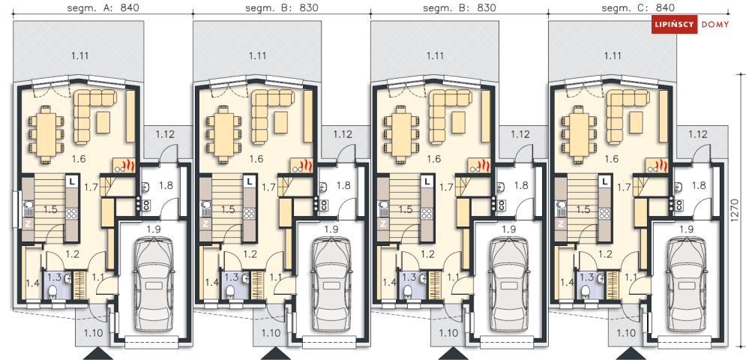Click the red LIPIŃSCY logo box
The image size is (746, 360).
click(674, 25)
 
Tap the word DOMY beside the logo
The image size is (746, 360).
click(715, 25)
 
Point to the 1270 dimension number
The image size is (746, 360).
click(735, 211)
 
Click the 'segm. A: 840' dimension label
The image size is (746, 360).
click(103, 8)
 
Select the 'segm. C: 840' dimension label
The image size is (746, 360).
click(638, 8)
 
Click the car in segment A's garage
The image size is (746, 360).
click(154, 285)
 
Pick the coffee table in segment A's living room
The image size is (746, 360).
click(103, 122)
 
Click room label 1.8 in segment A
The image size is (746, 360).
click(166, 185)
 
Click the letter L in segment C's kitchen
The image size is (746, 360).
click(604, 181)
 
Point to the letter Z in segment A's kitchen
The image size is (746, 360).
click(28, 224)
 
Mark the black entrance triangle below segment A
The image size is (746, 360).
click(100, 352)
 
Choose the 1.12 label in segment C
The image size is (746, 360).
click(698, 133)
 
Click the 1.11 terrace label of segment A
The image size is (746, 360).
click(80, 55)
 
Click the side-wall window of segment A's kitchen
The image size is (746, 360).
click(16, 209)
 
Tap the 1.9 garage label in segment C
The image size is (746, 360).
click(687, 229)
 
